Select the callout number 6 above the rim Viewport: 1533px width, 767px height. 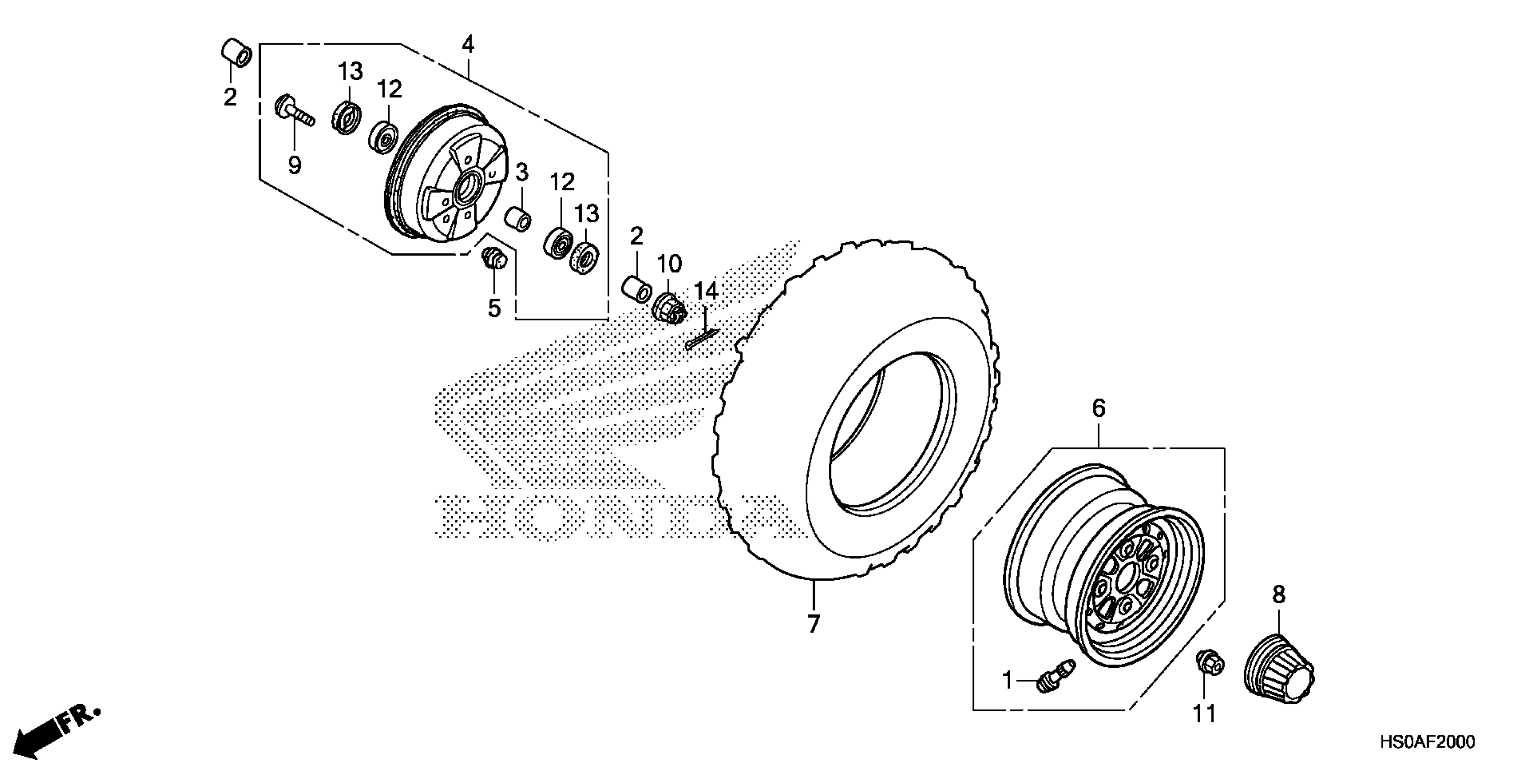[1098, 408]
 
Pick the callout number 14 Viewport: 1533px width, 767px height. [707, 292]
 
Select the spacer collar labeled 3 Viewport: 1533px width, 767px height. [518, 218]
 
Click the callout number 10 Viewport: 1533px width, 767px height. [669, 263]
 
